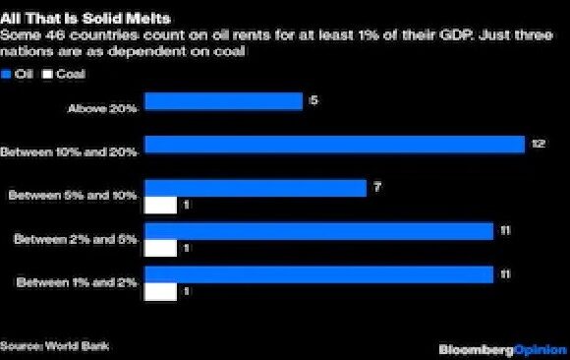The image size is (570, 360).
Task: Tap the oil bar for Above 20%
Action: pos(223,101)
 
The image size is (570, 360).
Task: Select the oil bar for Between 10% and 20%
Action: pos(334,145)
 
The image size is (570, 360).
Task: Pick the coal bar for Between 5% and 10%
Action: pos(160,206)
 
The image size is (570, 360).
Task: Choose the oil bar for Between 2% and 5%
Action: pos(318,231)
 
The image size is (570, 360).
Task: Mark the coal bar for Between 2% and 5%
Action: pos(160,249)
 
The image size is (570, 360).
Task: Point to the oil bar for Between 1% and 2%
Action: pos(318,274)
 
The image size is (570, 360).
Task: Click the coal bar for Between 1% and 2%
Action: pos(160,292)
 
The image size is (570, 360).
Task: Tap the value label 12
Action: pos(538,145)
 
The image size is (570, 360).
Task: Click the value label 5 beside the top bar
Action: pos(312,99)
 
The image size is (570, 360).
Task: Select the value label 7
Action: pos(376,186)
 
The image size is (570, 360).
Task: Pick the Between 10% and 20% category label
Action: pos(70,152)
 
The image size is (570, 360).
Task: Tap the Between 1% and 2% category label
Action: pos(78,283)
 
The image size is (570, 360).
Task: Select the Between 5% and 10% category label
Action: pos(74,196)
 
